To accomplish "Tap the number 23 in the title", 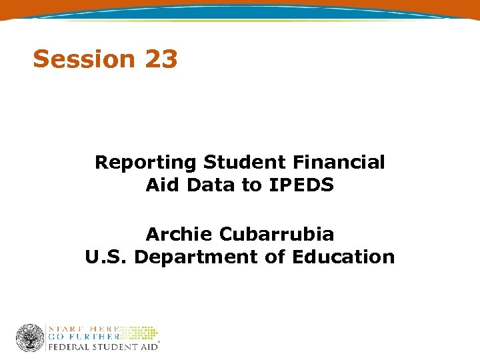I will click(160, 59).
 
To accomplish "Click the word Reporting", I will click(146, 162).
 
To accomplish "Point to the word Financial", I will click(339, 162).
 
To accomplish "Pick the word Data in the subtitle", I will click(211, 185).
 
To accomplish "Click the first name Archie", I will click(179, 234).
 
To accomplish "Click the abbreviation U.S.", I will click(106, 257).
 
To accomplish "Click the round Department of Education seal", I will click(30, 338).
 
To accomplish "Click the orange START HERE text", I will click(83, 329).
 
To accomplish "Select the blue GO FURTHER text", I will click(83, 337).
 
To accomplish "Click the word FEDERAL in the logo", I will click(68, 347).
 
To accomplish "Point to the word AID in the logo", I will click(146, 347).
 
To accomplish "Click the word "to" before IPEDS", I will click(251, 185).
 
